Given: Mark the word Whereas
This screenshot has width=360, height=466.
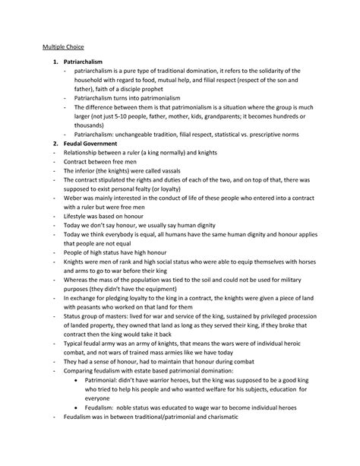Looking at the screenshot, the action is (x=80, y=284).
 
